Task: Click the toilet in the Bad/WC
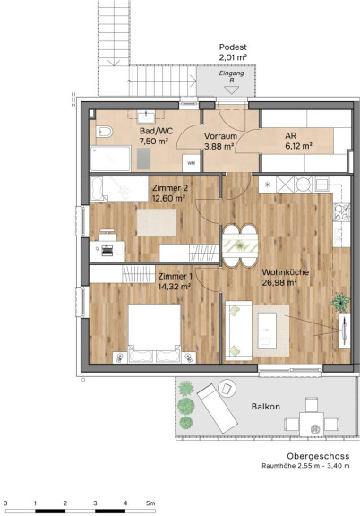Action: tap(104, 132)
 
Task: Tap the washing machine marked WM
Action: tap(191, 163)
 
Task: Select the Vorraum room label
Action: tap(220, 136)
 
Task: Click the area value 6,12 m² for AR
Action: tap(298, 146)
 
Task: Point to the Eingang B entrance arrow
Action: tap(231, 90)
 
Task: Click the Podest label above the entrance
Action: tap(233, 47)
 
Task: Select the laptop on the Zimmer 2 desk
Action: tap(107, 251)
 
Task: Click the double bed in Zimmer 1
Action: tap(154, 333)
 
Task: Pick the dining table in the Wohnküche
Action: tap(240, 245)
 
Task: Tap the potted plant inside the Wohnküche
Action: tap(340, 302)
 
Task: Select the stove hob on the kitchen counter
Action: tap(342, 212)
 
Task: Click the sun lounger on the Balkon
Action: tap(218, 408)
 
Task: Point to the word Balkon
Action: tap(266, 407)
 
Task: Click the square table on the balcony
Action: tap(312, 423)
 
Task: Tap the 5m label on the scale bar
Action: tap(150, 503)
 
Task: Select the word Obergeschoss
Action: tap(318, 456)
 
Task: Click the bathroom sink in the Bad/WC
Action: tap(146, 116)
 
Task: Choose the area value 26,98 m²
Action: tap(279, 283)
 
